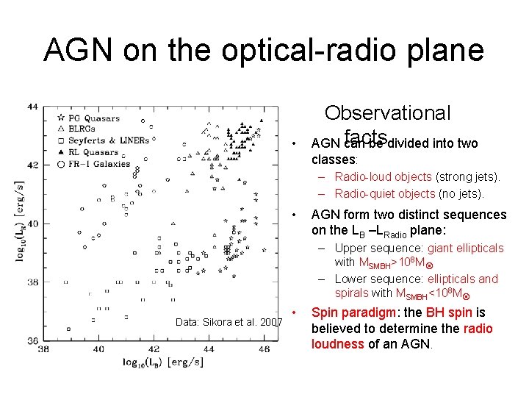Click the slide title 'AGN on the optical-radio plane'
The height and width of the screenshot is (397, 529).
(x=264, y=50)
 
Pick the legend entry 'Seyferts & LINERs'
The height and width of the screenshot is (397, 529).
(x=107, y=140)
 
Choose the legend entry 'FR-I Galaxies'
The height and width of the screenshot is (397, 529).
(x=98, y=163)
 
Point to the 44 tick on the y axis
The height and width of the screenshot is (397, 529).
(x=33, y=107)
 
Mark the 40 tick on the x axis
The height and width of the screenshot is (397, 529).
(x=99, y=348)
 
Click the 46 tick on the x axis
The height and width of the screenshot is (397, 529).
(x=264, y=348)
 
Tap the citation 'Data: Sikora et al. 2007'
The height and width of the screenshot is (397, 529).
(x=228, y=322)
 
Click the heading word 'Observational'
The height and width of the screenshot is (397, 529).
(x=387, y=113)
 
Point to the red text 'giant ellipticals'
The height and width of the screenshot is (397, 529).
(x=465, y=248)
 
